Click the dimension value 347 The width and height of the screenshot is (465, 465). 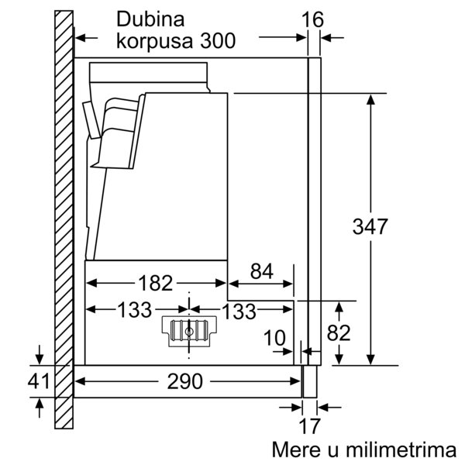click(x=370, y=226)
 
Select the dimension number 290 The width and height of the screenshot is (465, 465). click(x=184, y=381)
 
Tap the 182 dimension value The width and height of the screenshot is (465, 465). click(x=156, y=283)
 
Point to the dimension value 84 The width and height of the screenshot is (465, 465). click(x=261, y=271)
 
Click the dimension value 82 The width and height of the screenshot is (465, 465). click(x=339, y=332)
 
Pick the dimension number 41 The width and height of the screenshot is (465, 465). click(x=39, y=381)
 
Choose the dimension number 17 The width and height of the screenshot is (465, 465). click(x=309, y=426)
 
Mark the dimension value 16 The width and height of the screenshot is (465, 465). click(x=312, y=20)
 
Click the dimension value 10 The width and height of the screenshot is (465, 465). click(x=274, y=338)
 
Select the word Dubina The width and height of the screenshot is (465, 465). click(x=150, y=19)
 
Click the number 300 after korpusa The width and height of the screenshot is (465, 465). click(x=218, y=40)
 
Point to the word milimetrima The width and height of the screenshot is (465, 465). click(x=401, y=449)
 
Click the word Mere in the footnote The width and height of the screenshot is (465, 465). click(x=297, y=449)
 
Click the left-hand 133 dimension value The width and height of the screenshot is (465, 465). click(x=135, y=310)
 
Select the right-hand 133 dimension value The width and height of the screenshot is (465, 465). click(x=239, y=311)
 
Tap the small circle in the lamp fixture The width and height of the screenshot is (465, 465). click(x=189, y=332)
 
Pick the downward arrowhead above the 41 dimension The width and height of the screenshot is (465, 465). click(x=40, y=360)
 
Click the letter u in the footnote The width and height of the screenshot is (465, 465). click(x=333, y=451)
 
